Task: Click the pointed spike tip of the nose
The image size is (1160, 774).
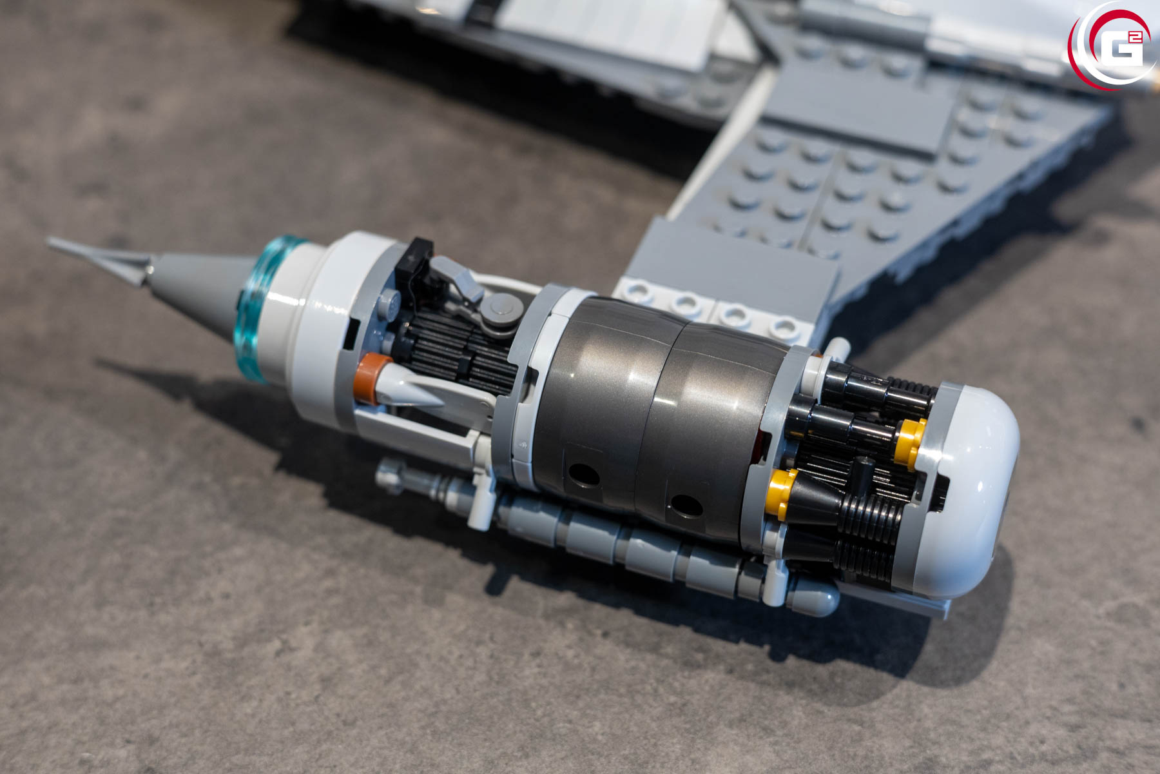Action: (48, 241)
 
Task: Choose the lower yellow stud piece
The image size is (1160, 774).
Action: (780, 493)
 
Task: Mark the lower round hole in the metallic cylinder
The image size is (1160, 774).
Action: (686, 505)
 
